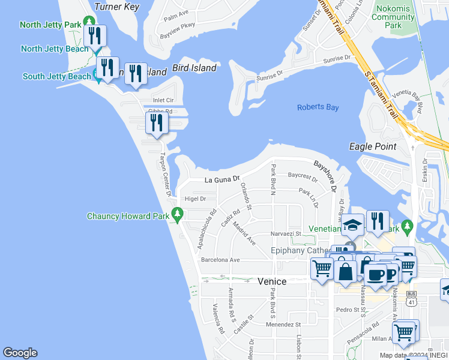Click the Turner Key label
coord(118,7)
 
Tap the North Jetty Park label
coord(50,25)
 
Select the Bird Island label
coord(194,68)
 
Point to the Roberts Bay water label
coord(318,107)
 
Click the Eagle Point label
coord(373,146)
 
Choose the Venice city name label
coord(272,281)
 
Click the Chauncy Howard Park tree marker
coord(177,213)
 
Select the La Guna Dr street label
coord(222,179)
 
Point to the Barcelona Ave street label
coord(220,260)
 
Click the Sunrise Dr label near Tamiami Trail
coord(336,59)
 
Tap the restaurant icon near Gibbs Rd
coord(156,123)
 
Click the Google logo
coord(20,353)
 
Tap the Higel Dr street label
coord(196,199)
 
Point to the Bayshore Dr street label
coord(325,176)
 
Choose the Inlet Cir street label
coord(163,100)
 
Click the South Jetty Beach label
coord(57,76)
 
